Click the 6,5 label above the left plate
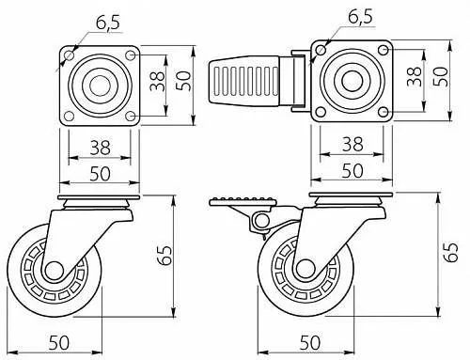click(x=108, y=23)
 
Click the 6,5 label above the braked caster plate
click(x=360, y=16)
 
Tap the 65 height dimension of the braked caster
click(x=451, y=252)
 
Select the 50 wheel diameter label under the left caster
click(x=59, y=342)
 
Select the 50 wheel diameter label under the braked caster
click(x=310, y=342)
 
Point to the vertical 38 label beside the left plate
click(x=157, y=82)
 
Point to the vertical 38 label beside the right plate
click(x=415, y=76)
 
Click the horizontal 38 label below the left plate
click(x=101, y=148)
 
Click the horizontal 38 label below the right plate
click(x=352, y=144)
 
